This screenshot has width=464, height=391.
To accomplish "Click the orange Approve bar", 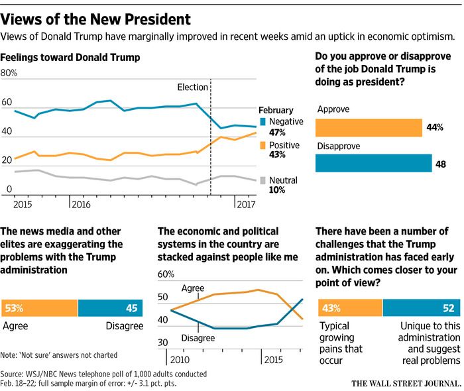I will coord(369,127).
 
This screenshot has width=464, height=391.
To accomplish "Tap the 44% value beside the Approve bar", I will coord(435,127).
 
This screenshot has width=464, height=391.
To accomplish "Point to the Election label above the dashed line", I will coord(194,87).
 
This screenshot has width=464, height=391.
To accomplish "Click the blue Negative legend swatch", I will coord(263,121).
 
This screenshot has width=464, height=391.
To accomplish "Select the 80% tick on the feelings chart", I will coord(9,73).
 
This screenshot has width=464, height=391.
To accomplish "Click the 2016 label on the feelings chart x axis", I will coord(82,205).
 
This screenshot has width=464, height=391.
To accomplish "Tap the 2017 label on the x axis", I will coord(247,205).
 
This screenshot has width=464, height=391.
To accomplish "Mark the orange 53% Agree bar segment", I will coord(40,307).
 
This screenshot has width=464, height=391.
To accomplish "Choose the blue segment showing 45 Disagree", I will coord(111,307).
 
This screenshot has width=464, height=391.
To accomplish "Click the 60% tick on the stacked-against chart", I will coord(166,274).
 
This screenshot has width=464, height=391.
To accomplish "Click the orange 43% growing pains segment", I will coord(349,307).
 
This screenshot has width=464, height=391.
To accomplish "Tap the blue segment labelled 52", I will coord(422,307).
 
